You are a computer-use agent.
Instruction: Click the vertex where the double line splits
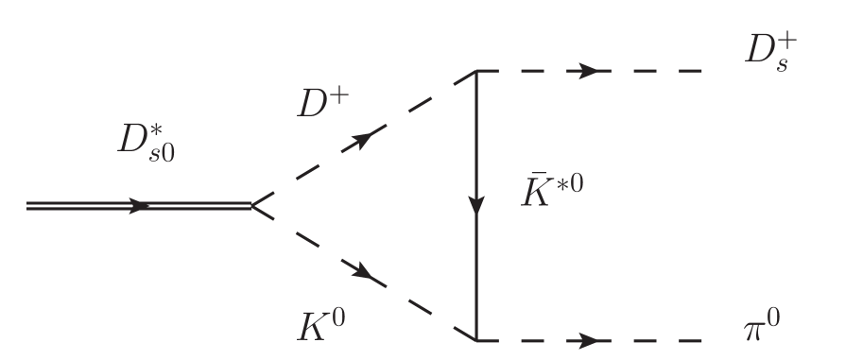(x=251, y=205)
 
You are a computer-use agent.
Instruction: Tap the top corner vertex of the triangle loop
(x=475, y=71)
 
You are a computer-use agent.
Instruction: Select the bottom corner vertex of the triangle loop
(x=475, y=340)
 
